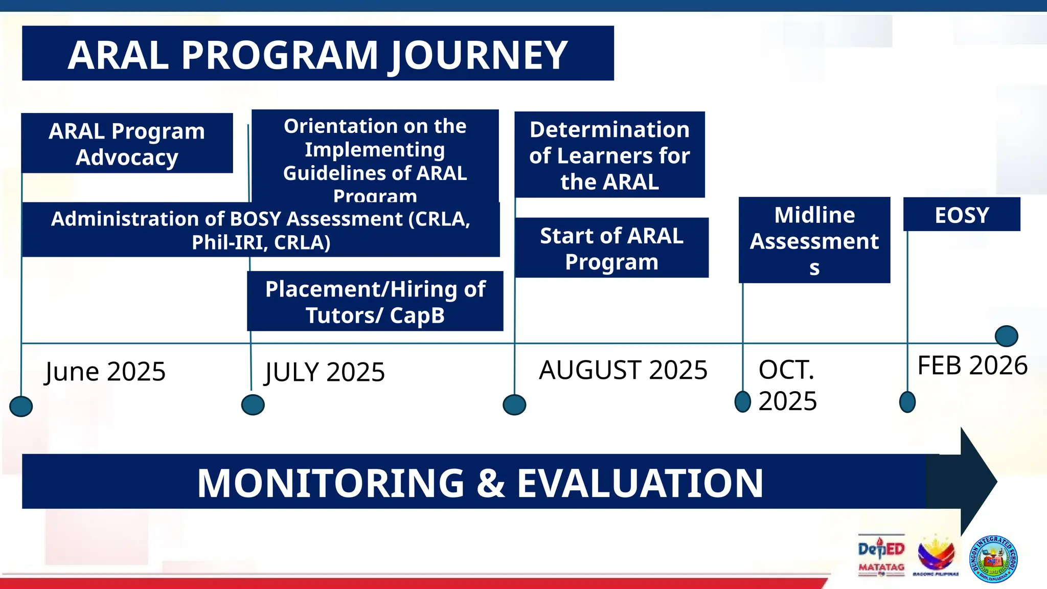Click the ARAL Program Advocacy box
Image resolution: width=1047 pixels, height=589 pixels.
(127, 144)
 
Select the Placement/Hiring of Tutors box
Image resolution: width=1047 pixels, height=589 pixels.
(375, 302)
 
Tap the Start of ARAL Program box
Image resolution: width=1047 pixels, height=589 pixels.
(611, 248)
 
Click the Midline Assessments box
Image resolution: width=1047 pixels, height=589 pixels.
(814, 240)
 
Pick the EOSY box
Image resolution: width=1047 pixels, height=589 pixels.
(962, 215)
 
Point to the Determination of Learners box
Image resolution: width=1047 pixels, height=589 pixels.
(609, 155)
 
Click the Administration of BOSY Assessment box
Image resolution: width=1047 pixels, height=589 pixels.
(261, 230)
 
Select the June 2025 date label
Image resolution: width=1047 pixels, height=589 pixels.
(105, 372)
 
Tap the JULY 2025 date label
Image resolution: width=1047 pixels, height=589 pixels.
(325, 372)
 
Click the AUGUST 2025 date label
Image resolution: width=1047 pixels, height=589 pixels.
(623, 370)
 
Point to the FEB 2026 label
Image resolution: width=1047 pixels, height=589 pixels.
(972, 366)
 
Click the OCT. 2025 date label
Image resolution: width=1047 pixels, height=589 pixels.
(787, 385)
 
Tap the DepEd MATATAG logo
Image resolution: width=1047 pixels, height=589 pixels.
(881, 556)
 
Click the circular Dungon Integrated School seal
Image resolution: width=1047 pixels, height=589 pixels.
(993, 559)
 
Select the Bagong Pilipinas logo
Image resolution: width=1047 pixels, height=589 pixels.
(936, 556)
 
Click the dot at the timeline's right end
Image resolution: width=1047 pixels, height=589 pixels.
(1006, 336)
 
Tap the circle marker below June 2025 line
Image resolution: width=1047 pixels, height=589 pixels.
(21, 406)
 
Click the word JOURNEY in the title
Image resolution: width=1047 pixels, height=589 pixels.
(479, 55)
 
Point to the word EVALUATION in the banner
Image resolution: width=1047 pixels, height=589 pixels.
(640, 483)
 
